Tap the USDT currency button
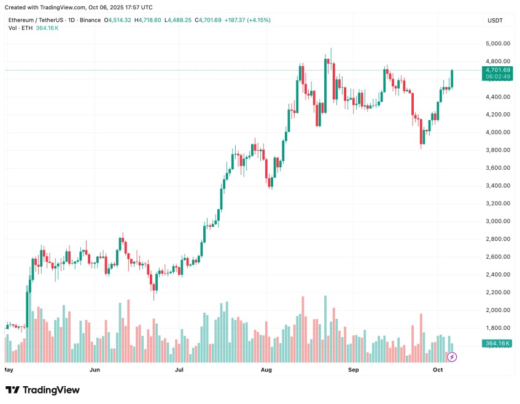495,20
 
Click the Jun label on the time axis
95,370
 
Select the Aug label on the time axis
266,370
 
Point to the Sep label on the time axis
353,370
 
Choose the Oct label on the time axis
438,370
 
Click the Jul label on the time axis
179,370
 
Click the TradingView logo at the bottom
42,390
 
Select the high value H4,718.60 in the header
149,20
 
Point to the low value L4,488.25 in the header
179,20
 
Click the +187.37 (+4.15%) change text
247,20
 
